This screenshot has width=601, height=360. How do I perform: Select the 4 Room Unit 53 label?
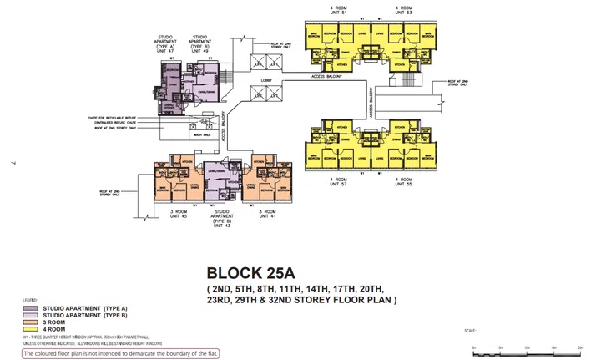point(404,9)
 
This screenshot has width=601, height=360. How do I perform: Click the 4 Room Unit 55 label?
point(405,181)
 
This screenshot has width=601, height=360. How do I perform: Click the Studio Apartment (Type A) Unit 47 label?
point(166,43)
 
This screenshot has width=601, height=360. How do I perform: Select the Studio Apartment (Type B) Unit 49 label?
point(200,43)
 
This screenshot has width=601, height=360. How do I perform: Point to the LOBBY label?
point(266,80)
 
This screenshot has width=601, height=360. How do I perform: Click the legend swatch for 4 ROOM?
point(27,328)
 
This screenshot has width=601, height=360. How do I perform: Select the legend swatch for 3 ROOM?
point(27,322)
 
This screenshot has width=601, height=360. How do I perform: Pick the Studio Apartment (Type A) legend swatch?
point(27,308)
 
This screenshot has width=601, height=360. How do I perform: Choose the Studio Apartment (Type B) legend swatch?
point(27,315)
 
